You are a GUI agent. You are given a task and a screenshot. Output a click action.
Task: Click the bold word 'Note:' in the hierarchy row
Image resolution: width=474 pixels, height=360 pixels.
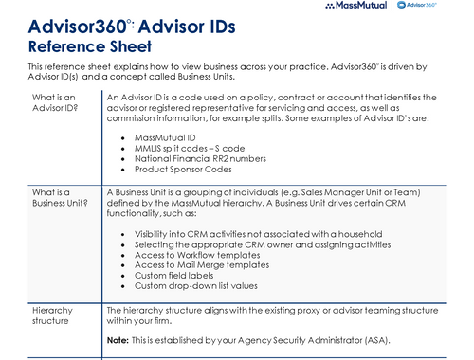coord(118,339)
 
